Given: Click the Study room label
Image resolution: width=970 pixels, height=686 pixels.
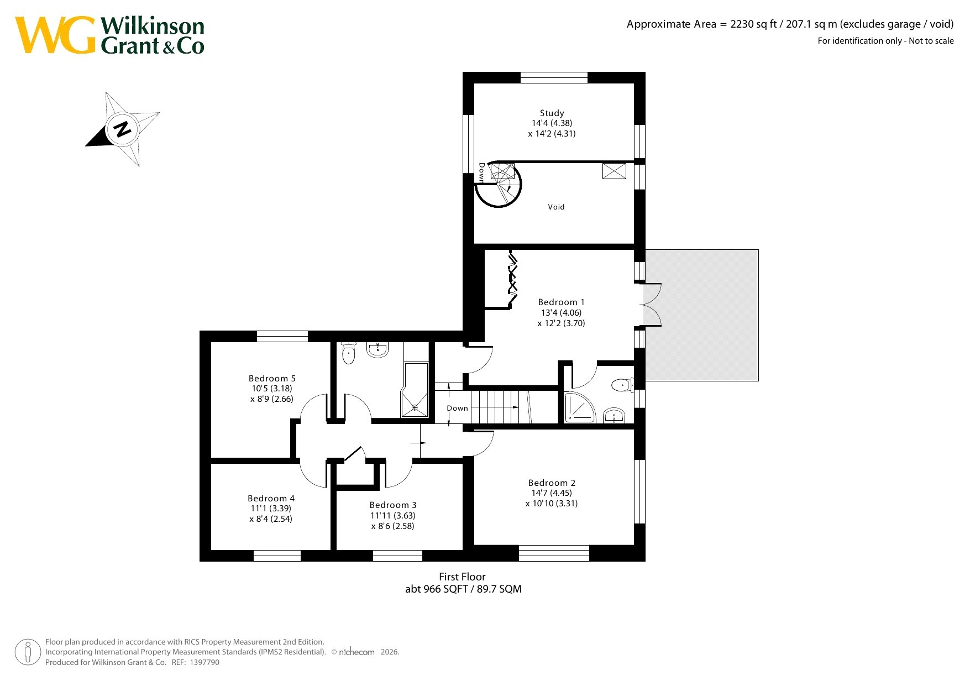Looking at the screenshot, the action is [552, 113].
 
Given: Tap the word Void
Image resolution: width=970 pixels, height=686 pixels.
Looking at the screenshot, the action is [556, 207].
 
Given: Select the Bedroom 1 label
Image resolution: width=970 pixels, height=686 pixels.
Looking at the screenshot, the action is [561, 302].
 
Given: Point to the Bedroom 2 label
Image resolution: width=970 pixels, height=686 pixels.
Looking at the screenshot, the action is [552, 483].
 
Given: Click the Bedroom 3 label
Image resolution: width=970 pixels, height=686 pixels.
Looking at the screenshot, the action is [393, 505].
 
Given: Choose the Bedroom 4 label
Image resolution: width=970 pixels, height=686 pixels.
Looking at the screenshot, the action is [271, 499].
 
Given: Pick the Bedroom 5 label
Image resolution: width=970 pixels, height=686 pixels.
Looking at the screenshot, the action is [272, 379].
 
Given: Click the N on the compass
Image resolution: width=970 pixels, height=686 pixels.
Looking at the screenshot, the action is [122, 129].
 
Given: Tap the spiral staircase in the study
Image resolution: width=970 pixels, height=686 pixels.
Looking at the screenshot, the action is [499, 185].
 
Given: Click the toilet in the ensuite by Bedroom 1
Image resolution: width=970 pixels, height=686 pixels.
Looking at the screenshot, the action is [623, 385].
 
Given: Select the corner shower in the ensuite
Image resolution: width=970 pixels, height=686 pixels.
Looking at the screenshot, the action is [579, 407].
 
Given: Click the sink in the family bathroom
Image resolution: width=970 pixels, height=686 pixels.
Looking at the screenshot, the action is [377, 349].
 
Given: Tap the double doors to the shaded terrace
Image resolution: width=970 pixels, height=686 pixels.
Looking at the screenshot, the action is [651, 305].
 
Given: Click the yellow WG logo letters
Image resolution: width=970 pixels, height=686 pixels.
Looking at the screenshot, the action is [55, 35].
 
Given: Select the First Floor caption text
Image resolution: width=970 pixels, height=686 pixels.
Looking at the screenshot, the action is [462, 577].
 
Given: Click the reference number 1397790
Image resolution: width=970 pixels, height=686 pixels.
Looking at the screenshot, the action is [205, 662].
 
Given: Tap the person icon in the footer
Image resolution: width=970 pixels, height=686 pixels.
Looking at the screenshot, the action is [28, 652].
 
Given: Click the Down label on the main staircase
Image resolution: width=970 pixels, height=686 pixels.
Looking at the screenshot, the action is [457, 409].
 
